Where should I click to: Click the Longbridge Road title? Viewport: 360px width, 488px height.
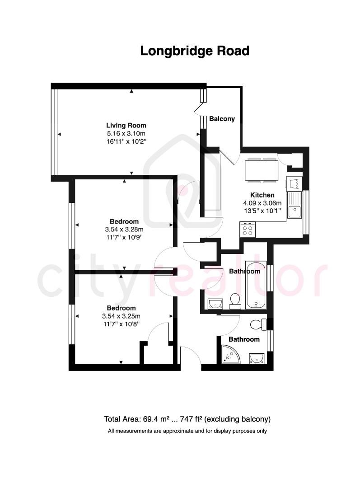[195, 51]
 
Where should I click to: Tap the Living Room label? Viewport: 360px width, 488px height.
[126, 125]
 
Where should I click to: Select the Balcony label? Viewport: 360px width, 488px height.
[222, 119]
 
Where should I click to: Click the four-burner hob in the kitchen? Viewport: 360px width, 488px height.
[248, 230]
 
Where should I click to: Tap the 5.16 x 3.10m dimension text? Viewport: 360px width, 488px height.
[126, 133]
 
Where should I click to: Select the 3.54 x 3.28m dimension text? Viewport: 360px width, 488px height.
[124, 229]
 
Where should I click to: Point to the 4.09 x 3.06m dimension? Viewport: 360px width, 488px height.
[262, 203]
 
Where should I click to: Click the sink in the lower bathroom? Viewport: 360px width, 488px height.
[257, 358]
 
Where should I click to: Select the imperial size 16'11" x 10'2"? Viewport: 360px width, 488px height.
[126, 141]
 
